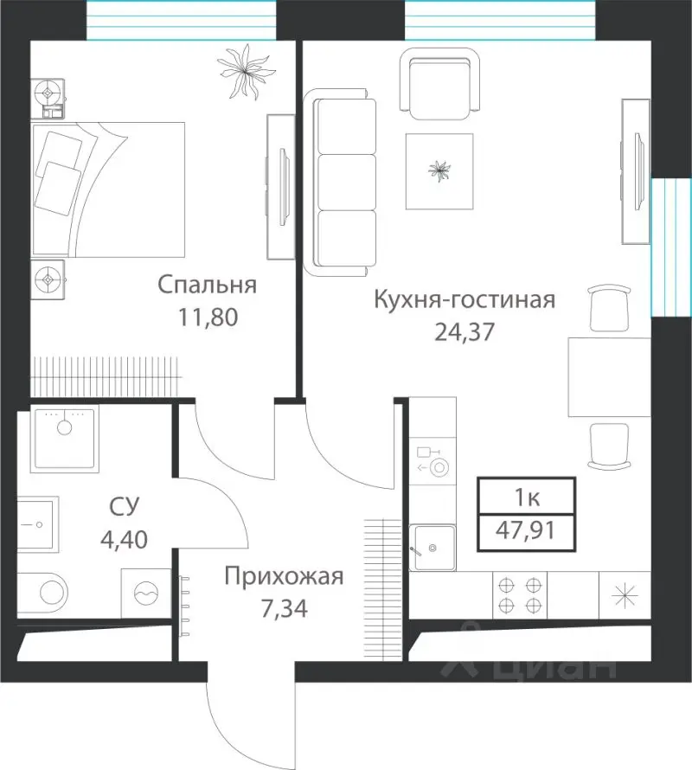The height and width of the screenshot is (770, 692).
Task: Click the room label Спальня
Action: [207, 285]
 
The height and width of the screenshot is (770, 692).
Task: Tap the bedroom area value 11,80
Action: [207, 317]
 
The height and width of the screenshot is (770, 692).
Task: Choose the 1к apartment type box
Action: [527, 498]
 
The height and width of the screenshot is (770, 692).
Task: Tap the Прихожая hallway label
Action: [284, 576]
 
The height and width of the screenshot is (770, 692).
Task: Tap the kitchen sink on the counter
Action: [432, 547]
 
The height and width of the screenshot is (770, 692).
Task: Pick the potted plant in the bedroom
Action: [241, 71]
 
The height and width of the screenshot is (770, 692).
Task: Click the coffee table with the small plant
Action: [440, 171]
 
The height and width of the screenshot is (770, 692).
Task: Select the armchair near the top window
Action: [440, 85]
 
